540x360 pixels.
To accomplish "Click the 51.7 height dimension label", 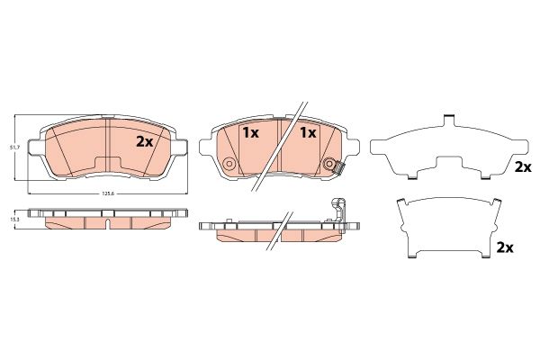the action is pos(13,147).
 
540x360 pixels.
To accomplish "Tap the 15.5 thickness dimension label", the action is pos(13,219).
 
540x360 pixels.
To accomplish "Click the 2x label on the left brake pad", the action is pos(144,141).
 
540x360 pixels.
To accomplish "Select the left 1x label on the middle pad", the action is pos(251,132).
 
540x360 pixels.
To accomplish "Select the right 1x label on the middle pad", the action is pos(308,132).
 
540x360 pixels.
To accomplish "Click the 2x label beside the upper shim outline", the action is pos(522,167).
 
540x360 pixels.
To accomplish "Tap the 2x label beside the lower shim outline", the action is pos(505,247).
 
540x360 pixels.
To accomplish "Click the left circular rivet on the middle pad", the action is pos(229,164).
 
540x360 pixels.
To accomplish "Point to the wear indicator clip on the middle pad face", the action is pos(339,168).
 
